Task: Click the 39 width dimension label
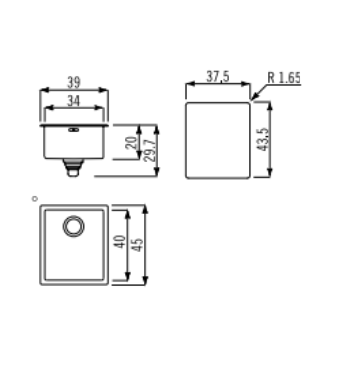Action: pyautogui.click(x=74, y=82)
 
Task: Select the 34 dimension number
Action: pyautogui.click(x=73, y=101)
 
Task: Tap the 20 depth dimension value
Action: pyautogui.click(x=132, y=142)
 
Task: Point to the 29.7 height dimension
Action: pyautogui.click(x=150, y=150)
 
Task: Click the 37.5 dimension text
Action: pyautogui.click(x=218, y=76)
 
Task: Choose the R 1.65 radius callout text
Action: pyautogui.click(x=284, y=78)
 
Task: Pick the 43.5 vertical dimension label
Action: pyautogui.click(x=264, y=139)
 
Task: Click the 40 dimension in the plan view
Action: pyautogui.click(x=121, y=242)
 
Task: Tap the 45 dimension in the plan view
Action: pyautogui.click(x=138, y=245)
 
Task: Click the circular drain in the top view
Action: pyautogui.click(x=73, y=226)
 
